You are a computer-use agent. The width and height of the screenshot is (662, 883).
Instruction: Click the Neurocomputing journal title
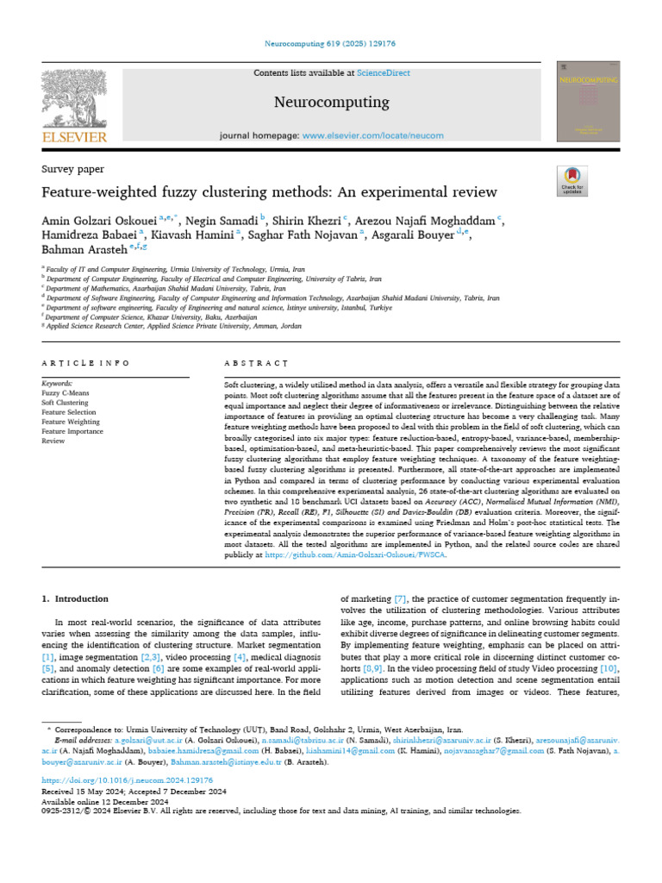point(331,103)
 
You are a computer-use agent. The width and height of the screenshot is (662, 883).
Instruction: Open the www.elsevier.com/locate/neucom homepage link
point(373,135)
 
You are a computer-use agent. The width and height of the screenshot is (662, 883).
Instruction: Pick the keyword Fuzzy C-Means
point(65,392)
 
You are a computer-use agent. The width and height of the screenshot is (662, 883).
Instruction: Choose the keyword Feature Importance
point(72,431)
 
